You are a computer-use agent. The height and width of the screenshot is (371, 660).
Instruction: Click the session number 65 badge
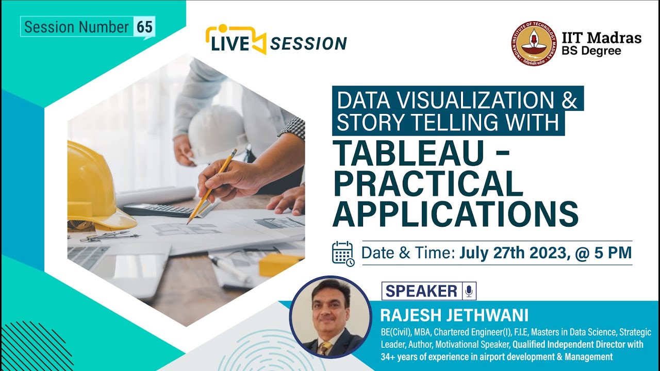(144, 27)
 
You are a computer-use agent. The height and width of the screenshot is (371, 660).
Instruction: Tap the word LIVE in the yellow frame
(229, 44)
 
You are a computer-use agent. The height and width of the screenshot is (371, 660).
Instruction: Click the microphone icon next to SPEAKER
(469, 291)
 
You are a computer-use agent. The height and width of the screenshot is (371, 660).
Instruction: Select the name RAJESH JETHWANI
(454, 315)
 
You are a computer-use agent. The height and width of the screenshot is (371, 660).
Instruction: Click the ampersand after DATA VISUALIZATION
(569, 99)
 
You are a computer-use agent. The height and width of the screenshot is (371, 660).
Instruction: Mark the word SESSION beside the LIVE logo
(308, 44)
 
